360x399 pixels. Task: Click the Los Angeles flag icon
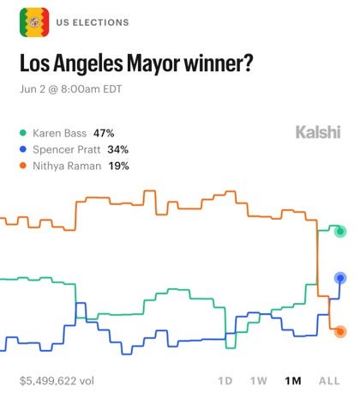[34, 22]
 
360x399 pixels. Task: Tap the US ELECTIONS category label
[93, 22]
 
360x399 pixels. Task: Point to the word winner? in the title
[219, 63]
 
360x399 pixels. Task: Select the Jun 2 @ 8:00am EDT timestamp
[71, 89]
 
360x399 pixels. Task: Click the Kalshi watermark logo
[318, 132]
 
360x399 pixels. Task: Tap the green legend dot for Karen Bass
[23, 133]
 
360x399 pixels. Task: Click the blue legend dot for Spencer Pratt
[23, 149]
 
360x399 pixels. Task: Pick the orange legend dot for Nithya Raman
[23, 166]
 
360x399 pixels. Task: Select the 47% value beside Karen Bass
[104, 133]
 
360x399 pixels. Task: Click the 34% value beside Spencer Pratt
[118, 149]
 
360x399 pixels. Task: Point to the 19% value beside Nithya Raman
[118, 166]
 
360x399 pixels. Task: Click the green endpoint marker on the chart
[340, 231]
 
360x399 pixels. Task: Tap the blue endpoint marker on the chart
[340, 278]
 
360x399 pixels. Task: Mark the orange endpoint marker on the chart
[340, 331]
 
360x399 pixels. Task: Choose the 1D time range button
[225, 381]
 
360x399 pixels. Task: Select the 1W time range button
[259, 381]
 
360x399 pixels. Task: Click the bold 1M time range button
[293, 381]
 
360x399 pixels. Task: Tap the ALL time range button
[329, 381]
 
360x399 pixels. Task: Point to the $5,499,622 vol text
[57, 381]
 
